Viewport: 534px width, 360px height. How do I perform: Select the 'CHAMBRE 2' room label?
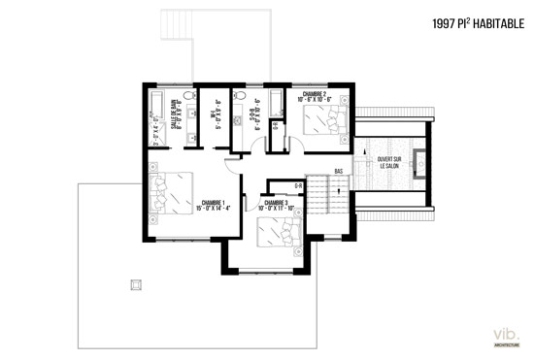[x=317, y=94]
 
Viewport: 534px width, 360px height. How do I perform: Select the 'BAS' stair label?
[x=339, y=171]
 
